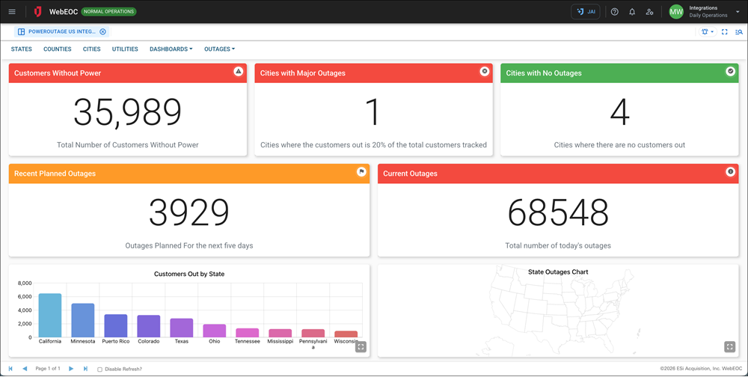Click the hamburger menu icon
pos(11,12)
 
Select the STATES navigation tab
pos(21,49)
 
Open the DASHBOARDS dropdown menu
pos(171,49)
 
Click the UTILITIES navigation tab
pos(125,49)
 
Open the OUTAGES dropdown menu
pos(219,49)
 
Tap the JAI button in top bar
pos(585,12)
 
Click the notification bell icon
pos(632,12)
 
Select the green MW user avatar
pos(676,12)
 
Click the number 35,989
pos(128,112)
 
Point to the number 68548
pos(558,213)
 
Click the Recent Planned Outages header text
pos(55,174)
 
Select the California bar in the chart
pos(50,315)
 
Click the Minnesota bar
pos(82,319)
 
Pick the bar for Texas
pos(181,327)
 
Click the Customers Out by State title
pos(189,274)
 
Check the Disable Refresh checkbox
pos(100,369)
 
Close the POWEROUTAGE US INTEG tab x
pos(102,32)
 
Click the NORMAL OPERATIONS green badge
pos(108,12)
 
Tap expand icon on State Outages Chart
pos(729,346)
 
